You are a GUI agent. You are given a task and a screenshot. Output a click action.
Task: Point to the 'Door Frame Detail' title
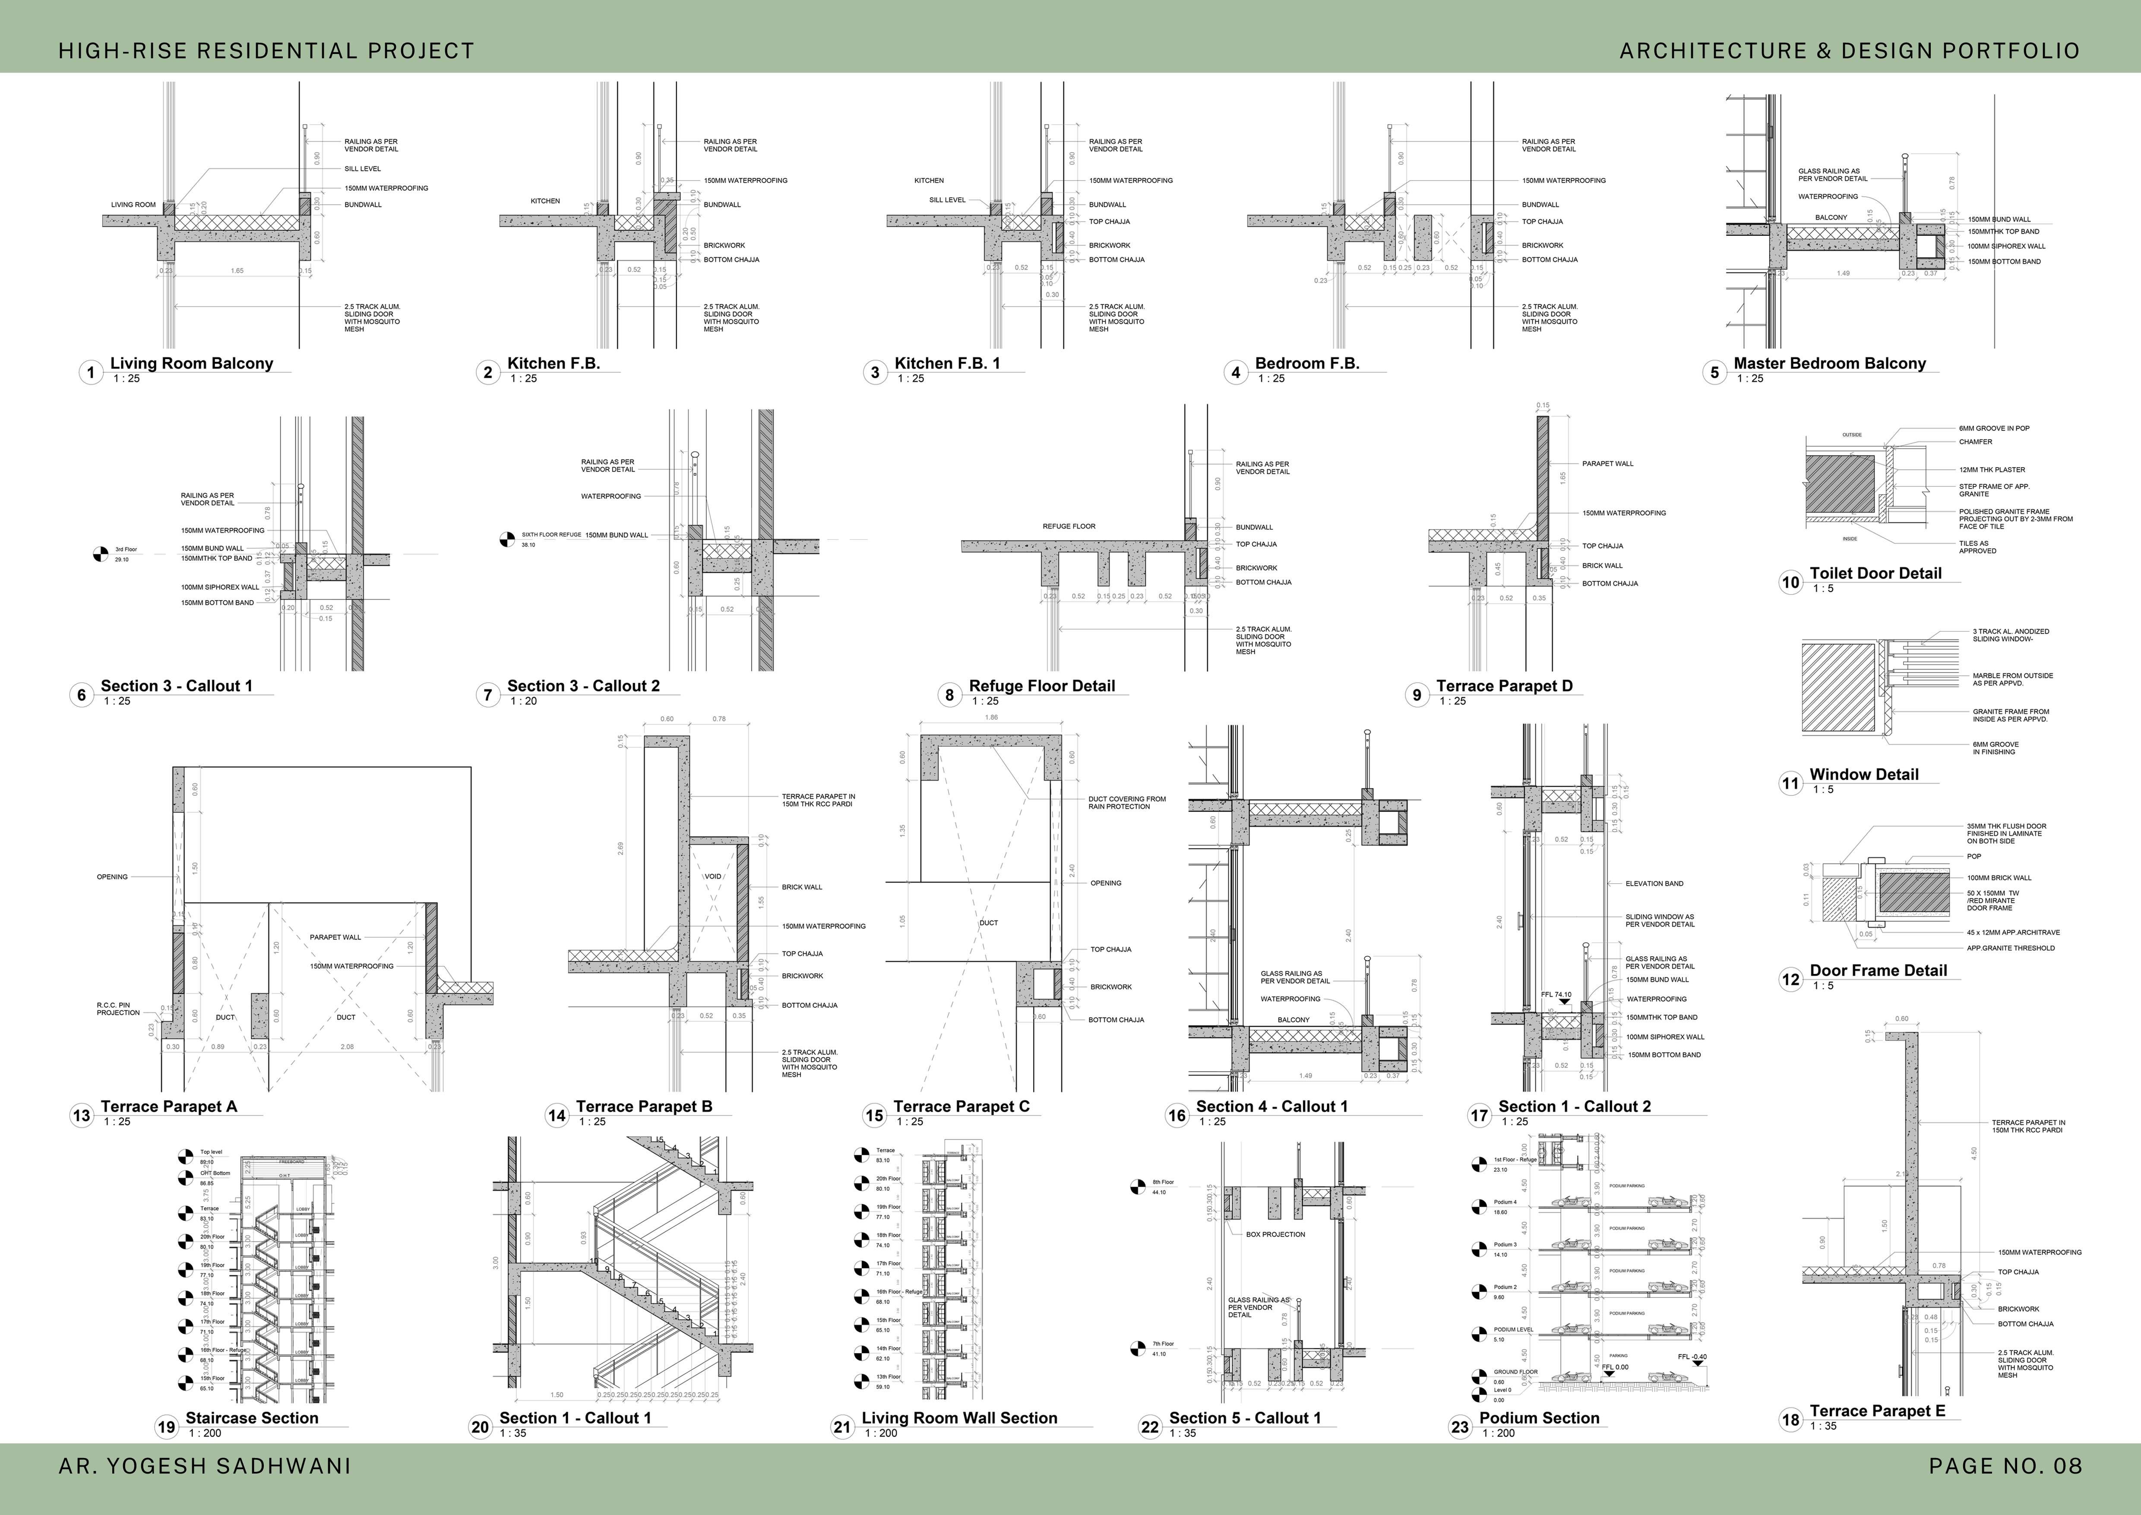coord(1878,970)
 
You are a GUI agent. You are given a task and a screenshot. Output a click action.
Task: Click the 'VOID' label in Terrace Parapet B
coord(713,877)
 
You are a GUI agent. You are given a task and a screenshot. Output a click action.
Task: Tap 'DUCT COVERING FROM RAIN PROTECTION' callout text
coord(1126,802)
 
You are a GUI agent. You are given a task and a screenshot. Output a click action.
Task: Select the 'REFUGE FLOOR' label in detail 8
coord(1069,526)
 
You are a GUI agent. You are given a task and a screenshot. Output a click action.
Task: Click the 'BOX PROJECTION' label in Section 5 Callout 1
coord(1275,1234)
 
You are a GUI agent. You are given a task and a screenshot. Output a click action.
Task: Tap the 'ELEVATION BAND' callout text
coord(1654,883)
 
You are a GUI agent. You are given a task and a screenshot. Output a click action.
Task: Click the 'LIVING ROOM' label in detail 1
coord(133,204)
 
